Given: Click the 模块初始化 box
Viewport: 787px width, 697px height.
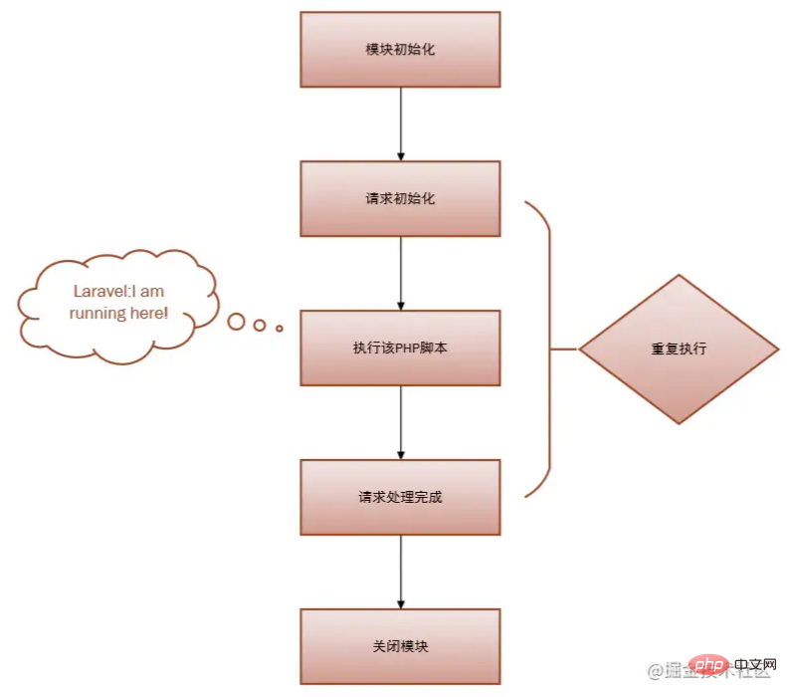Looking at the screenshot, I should (400, 50).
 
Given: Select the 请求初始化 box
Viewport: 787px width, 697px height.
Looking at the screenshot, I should (400, 198).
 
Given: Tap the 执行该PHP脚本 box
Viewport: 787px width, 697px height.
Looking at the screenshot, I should (400, 348).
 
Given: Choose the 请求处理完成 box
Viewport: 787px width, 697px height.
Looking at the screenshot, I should (400, 497).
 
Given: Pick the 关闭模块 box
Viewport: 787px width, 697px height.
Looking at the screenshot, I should (400, 646).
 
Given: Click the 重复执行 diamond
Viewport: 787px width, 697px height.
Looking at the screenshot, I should (679, 349).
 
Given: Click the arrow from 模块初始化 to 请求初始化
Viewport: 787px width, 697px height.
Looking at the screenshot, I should (400, 124).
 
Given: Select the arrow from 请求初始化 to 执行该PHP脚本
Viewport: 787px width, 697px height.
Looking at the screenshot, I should (400, 274).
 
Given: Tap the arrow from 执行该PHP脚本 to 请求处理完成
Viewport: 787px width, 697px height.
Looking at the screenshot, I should (400, 423).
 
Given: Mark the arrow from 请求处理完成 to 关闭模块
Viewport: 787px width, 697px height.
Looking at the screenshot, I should (400, 573).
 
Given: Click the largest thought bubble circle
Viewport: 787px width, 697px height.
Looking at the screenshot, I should (237, 322).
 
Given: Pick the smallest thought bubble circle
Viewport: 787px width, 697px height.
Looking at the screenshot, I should (280, 328).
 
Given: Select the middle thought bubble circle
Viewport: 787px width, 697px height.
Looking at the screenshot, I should (261, 325).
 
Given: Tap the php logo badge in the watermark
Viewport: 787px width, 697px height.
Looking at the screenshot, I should (709, 663).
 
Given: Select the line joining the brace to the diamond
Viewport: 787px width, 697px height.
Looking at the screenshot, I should (564, 349).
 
